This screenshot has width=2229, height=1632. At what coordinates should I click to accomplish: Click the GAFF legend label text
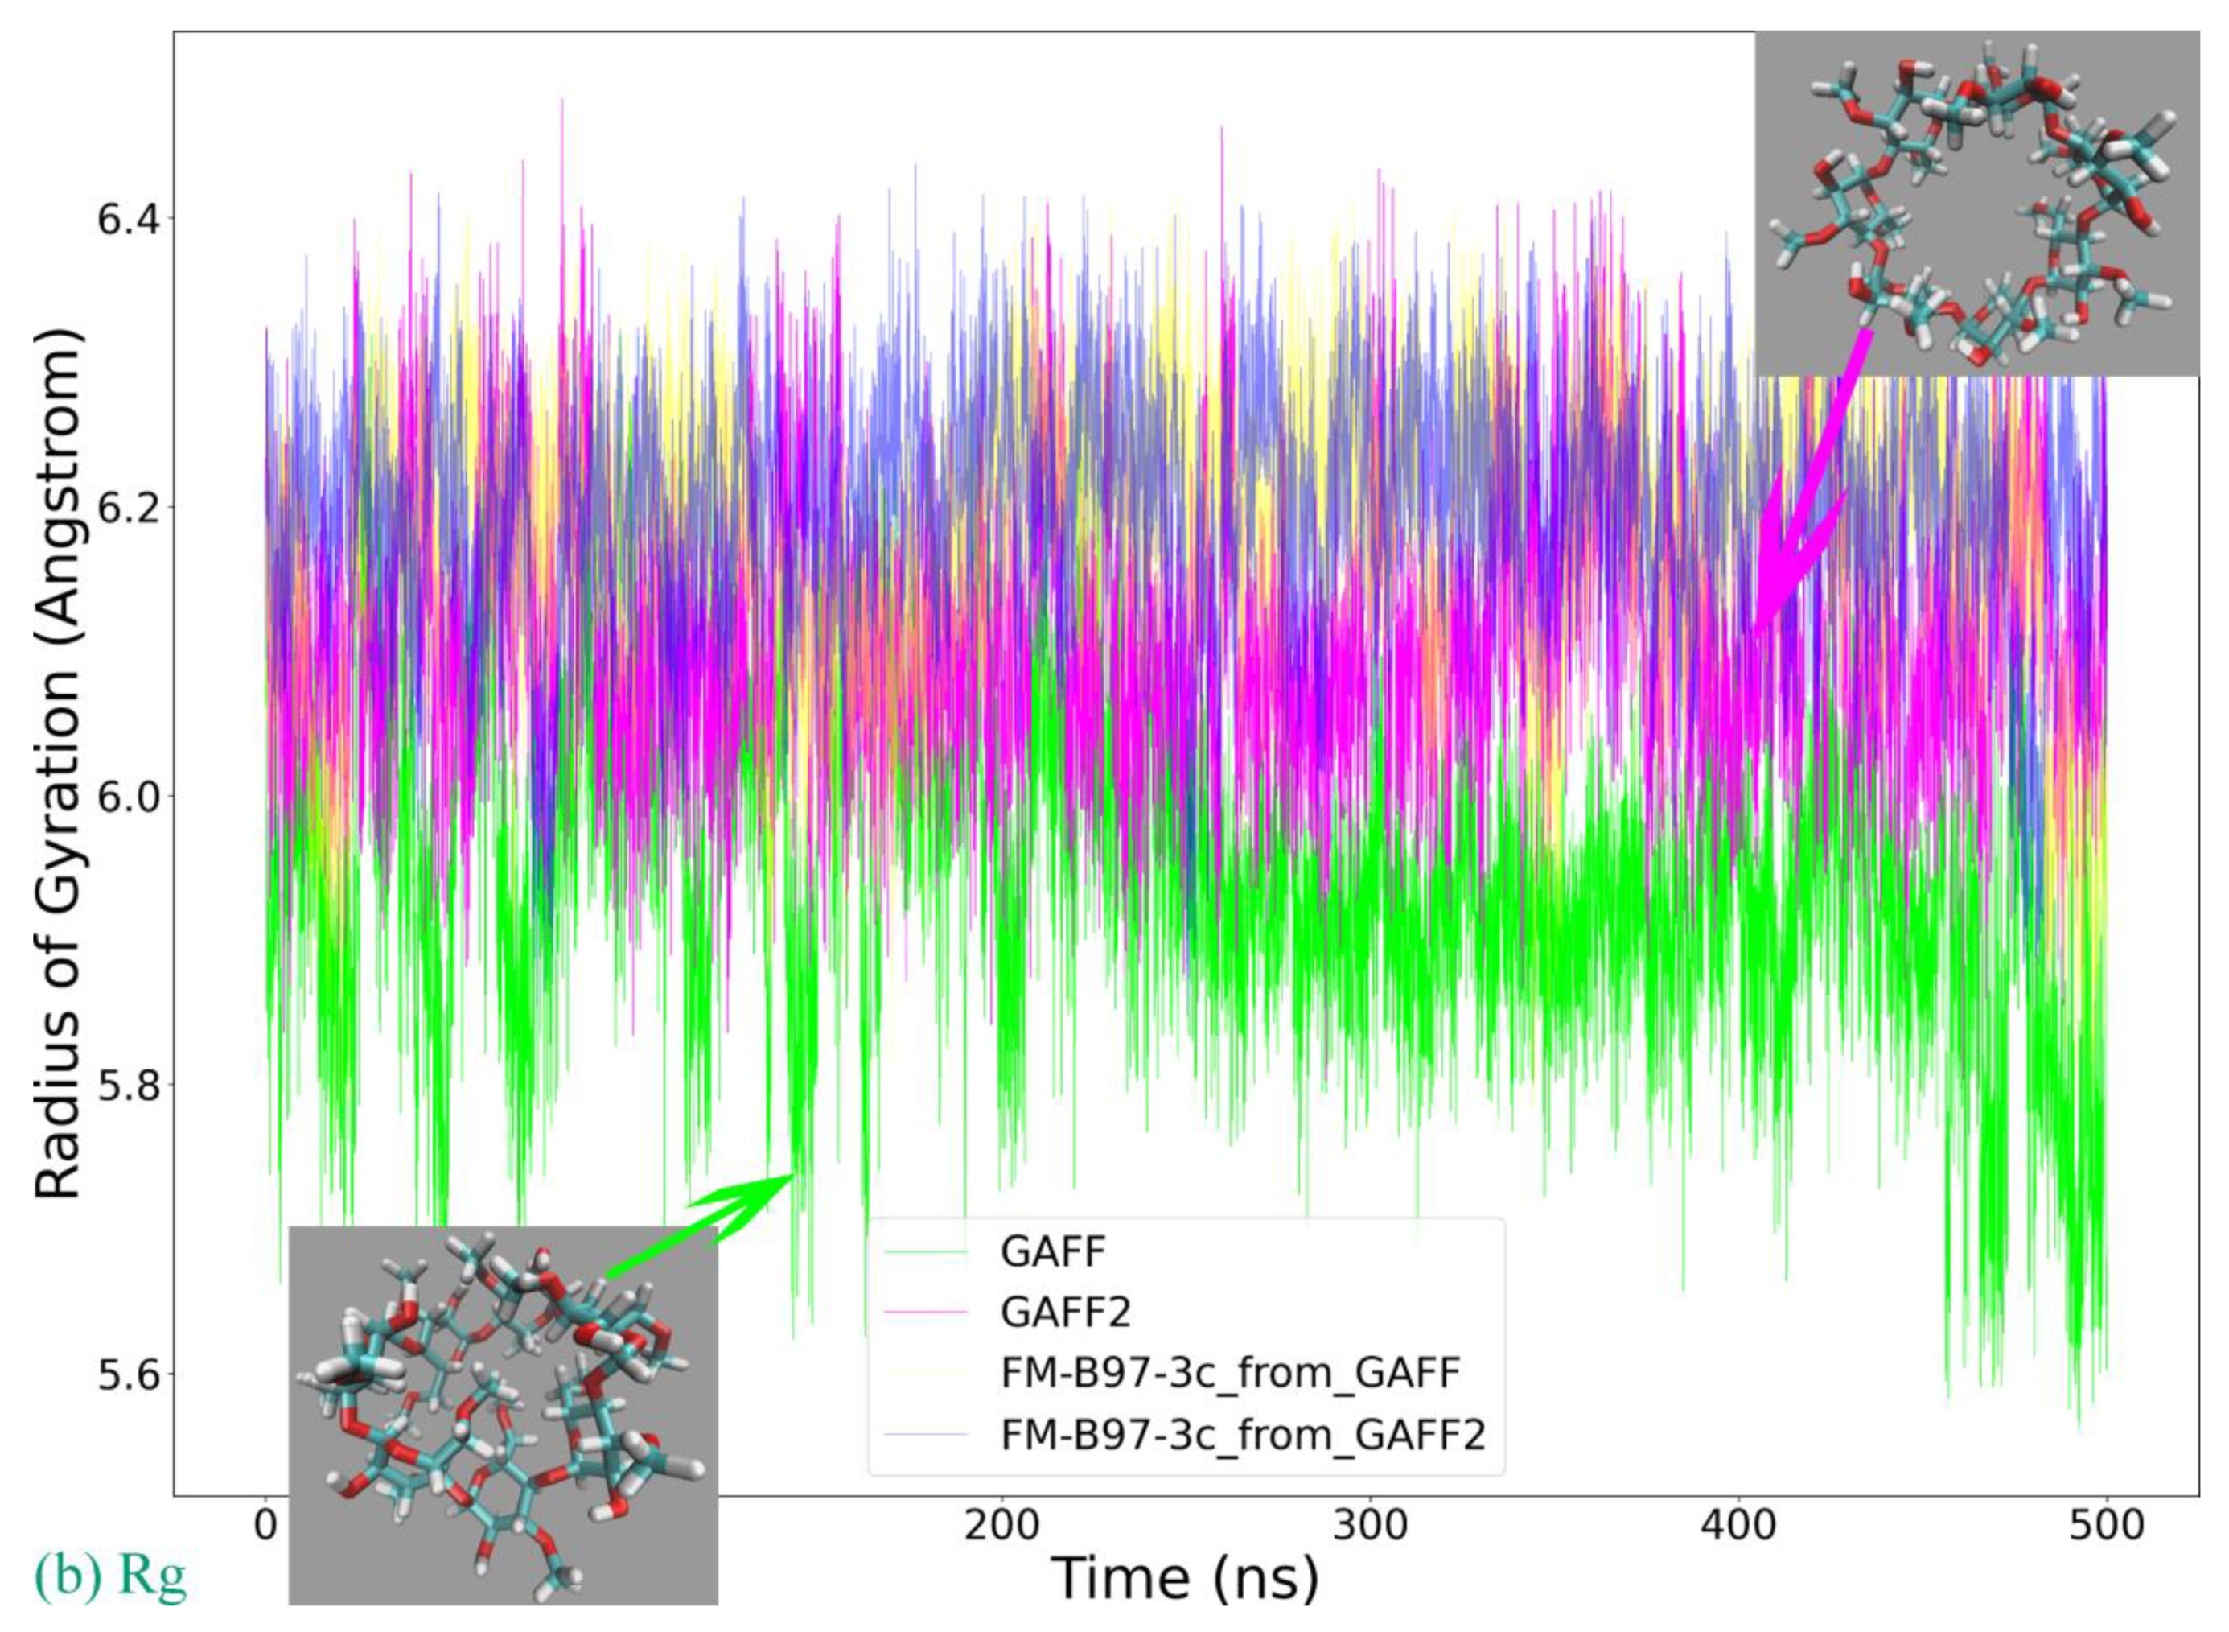coord(1053,1251)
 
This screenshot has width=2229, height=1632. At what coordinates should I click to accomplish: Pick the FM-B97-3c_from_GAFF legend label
coord(1230,1373)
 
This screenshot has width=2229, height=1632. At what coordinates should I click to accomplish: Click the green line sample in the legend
coord(925,1251)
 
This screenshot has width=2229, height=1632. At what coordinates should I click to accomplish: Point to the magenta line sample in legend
coord(925,1312)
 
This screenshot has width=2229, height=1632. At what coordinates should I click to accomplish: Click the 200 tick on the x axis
coord(1001,1524)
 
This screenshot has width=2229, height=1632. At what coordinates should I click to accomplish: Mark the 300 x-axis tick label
coord(1371,1524)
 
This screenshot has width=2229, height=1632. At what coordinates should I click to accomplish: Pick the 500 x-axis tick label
coord(2107,1524)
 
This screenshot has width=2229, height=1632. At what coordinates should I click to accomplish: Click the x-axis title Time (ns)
coord(1185,1577)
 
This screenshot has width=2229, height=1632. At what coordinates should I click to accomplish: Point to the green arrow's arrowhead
coord(790,1176)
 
